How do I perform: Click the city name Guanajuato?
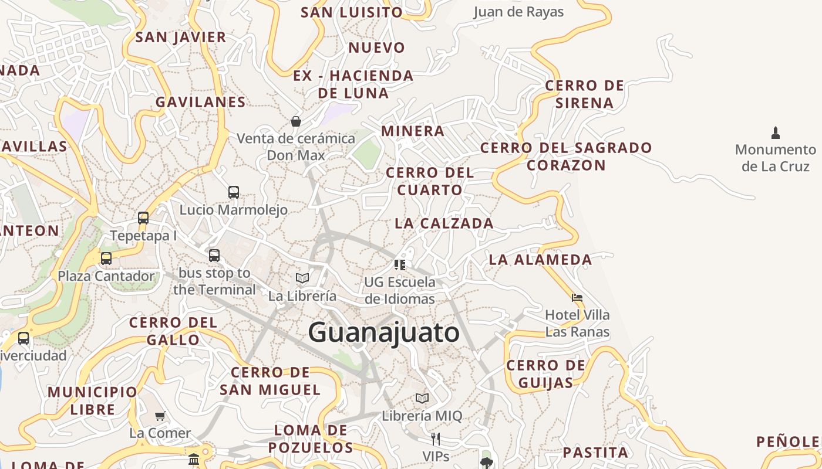coord(384,333)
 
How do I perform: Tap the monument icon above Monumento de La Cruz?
coord(776,133)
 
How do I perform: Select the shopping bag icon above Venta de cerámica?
coord(296,121)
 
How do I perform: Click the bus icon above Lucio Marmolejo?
coord(234,192)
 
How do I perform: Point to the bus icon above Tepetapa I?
coord(143,218)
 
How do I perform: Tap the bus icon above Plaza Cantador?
coord(106,259)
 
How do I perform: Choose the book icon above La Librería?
coord(302,278)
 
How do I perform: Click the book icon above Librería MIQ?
coord(422,399)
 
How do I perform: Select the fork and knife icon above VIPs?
coord(436,439)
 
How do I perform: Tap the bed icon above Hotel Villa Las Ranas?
coord(577,297)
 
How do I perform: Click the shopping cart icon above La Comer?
coord(160,416)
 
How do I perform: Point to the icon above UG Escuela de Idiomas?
coord(400,264)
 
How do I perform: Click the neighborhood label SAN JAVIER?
coord(181,38)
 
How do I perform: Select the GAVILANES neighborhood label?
coord(201,102)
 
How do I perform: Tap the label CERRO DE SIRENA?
coord(585,94)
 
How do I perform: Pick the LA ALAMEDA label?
coord(541,260)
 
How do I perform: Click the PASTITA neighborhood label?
coord(595,453)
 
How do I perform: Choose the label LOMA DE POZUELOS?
coord(311,439)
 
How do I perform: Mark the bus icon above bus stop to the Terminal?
coord(214,256)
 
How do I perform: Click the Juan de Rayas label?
coord(518,12)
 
